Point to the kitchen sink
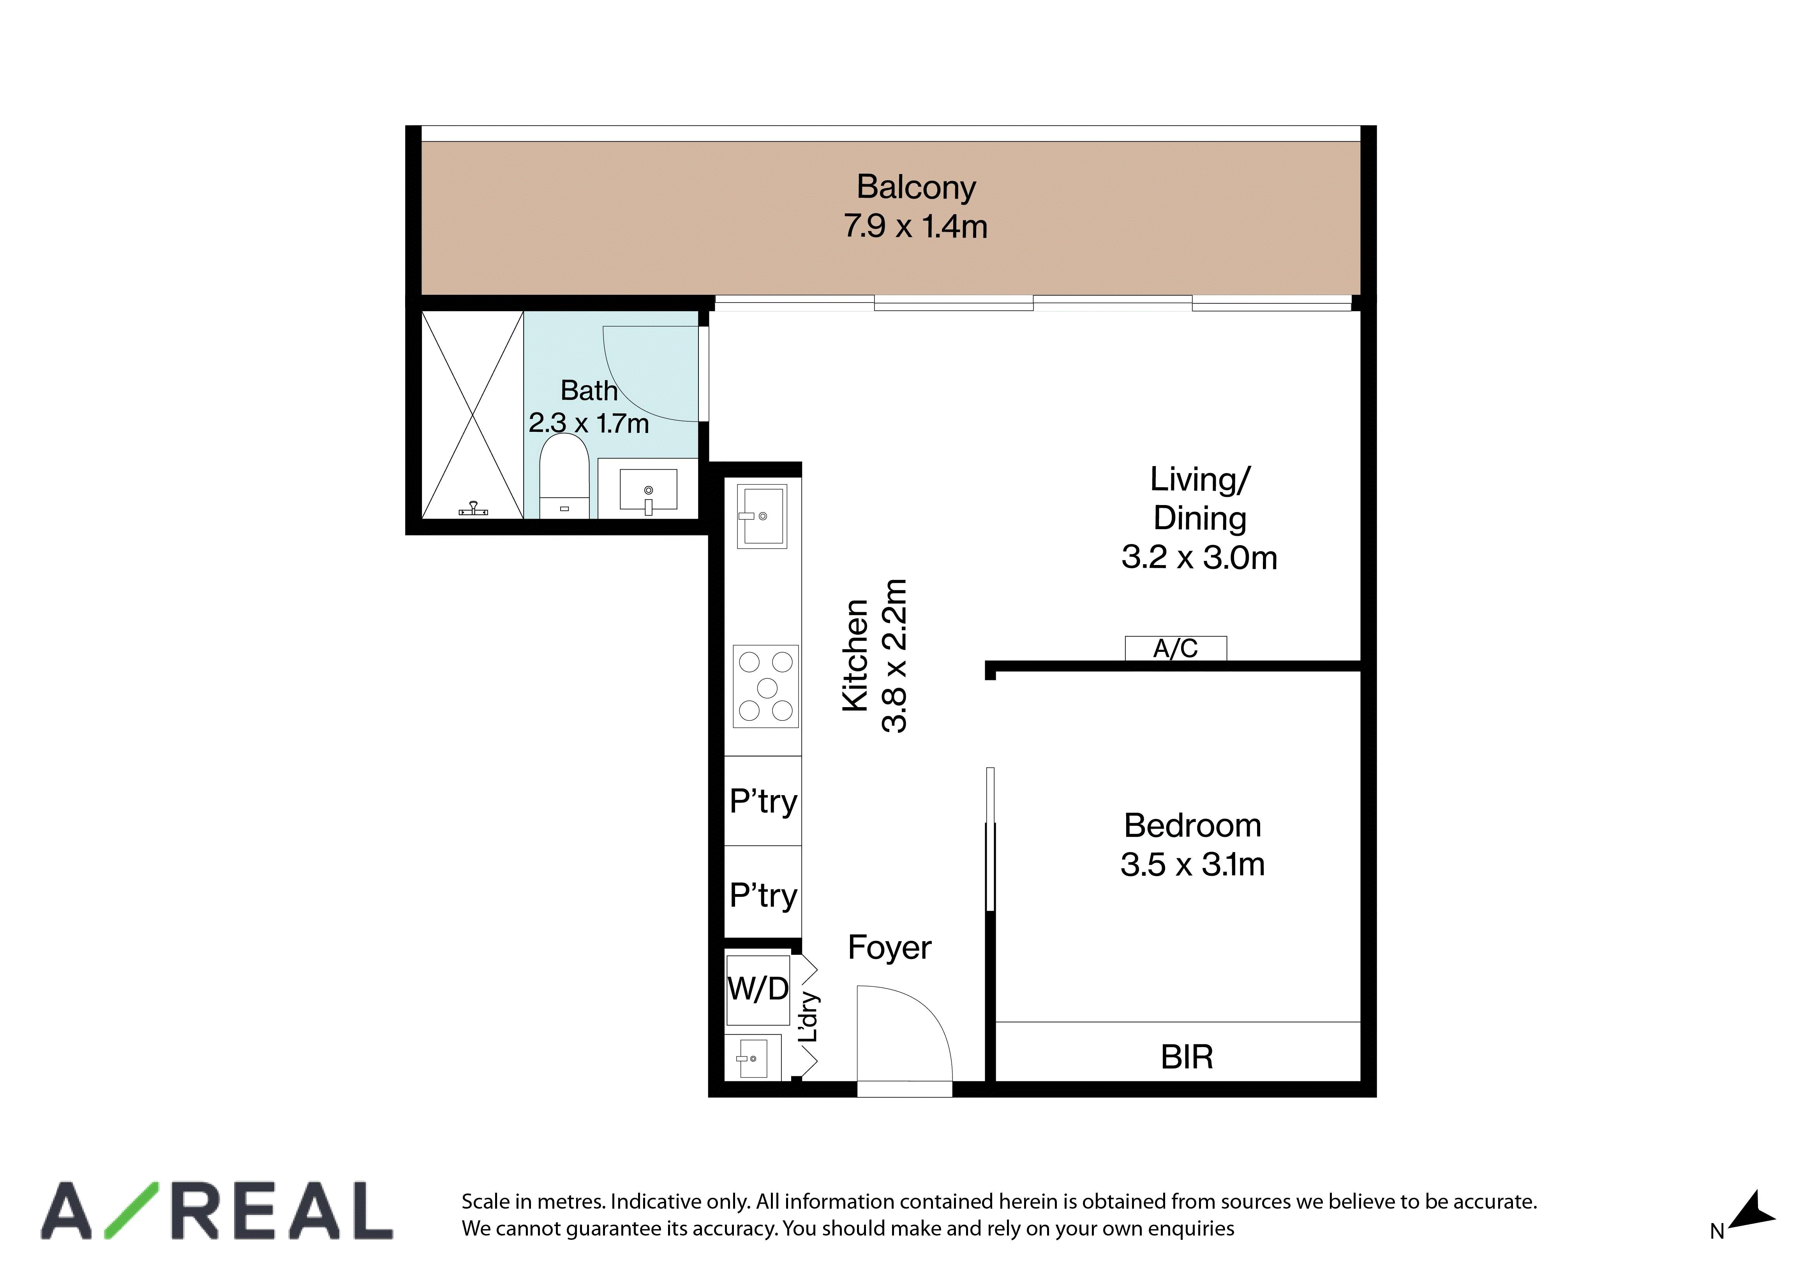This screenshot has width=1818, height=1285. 762,516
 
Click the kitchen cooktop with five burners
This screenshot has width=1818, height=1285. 766,687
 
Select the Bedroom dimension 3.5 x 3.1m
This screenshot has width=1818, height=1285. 1192,864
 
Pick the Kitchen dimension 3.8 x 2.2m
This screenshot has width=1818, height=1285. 895,656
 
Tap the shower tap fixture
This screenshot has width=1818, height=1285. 474,509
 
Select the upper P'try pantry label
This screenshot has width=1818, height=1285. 763,801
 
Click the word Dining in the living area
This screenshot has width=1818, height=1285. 1199,519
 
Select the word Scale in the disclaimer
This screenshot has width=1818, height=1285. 485,1202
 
